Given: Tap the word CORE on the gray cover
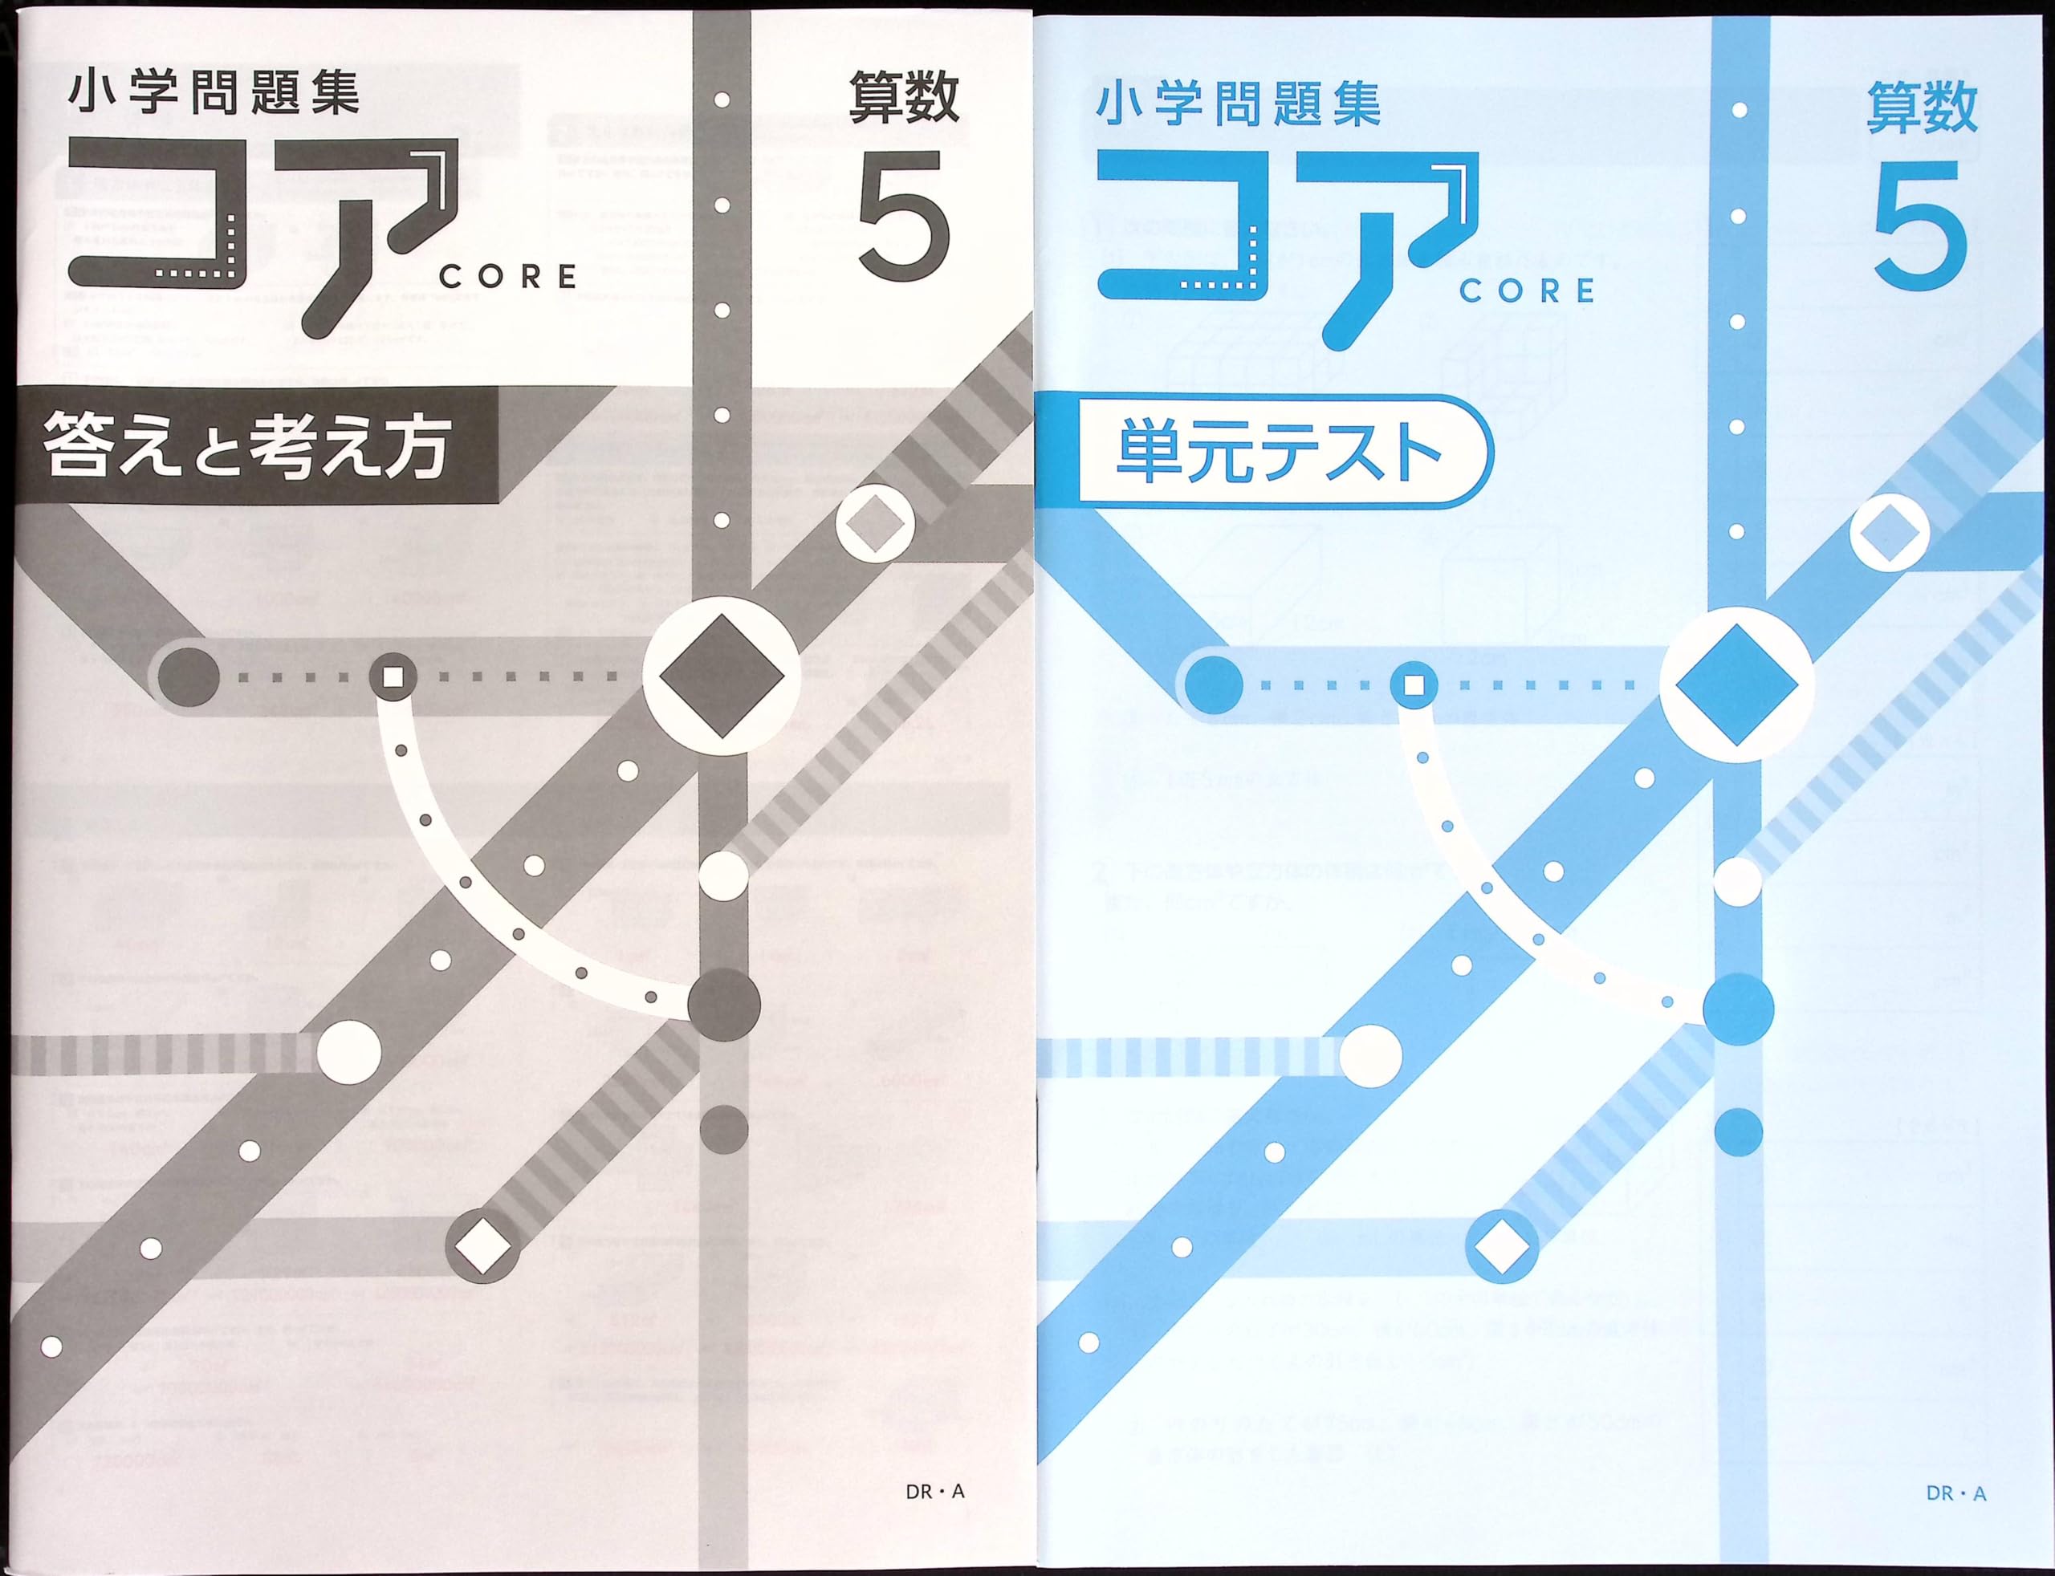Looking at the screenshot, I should point(507,277).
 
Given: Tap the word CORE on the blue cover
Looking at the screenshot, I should point(1527,290).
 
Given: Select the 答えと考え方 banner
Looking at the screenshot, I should point(246,446).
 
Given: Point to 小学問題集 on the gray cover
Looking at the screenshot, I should point(214,95).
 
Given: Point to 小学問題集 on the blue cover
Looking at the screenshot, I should point(1239,105).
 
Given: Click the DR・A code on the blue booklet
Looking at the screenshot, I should point(1955,1493).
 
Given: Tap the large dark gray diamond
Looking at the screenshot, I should point(722,676).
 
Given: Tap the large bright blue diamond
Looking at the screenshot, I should point(1736,684).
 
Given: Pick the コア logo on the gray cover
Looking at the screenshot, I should point(262,234).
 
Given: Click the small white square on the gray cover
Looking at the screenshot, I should point(394,676).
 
